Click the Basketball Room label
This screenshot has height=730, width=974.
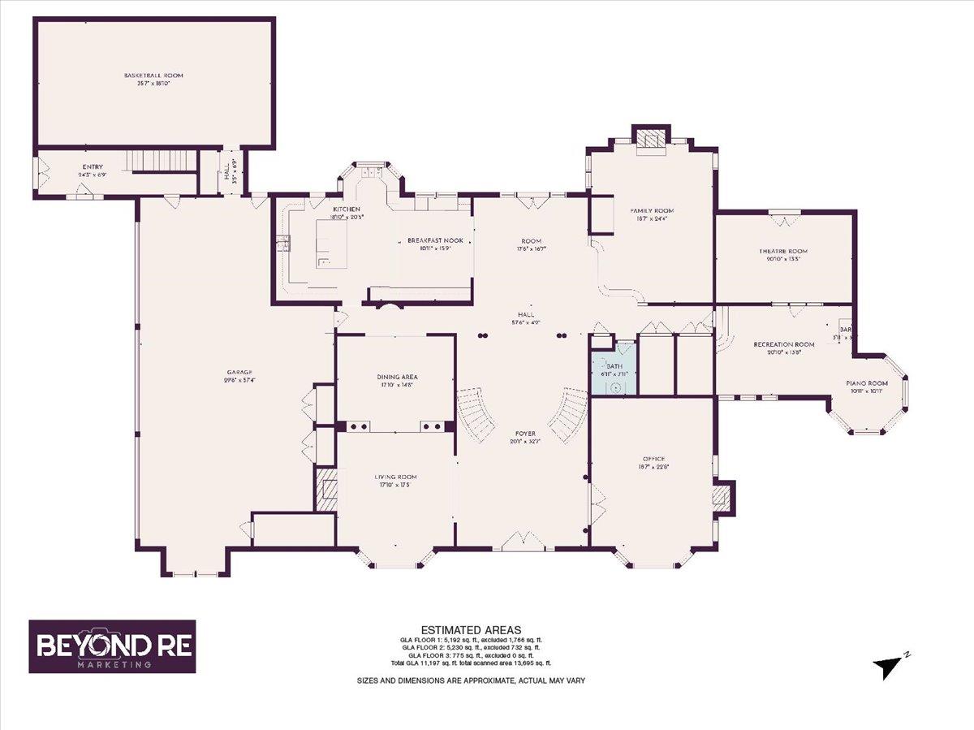tap(153, 76)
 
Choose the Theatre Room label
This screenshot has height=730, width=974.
tap(783, 252)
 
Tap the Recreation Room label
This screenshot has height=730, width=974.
tap(783, 345)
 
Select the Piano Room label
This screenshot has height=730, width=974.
tap(867, 383)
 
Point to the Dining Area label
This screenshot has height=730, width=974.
tap(397, 378)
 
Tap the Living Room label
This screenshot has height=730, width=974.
tap(395, 477)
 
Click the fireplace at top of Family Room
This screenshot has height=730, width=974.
tap(650, 140)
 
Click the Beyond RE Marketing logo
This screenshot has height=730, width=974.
tap(112, 646)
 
